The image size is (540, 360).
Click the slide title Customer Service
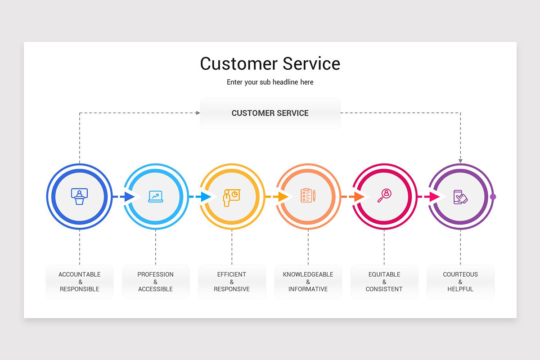tap(270, 63)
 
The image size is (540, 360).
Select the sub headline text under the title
tap(270, 82)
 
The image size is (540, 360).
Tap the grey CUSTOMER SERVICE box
tap(270, 113)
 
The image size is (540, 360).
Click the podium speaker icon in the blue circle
tap(80, 196)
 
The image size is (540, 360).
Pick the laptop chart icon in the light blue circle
tap(156, 196)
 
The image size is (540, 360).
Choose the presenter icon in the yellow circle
tap(231, 197)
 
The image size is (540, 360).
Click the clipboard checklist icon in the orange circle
tap(308, 196)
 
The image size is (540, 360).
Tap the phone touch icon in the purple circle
tap(460, 197)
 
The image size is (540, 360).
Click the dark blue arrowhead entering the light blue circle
tap(130, 197)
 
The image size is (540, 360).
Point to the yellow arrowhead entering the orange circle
tap(283, 197)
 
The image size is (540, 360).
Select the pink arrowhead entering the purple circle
tap(434, 197)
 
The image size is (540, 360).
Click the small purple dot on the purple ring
tap(493, 197)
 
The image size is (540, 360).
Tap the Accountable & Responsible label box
tap(80, 282)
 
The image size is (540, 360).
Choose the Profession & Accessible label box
tap(156, 282)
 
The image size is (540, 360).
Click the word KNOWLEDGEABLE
tap(308, 274)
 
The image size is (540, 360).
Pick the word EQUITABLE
tap(384, 274)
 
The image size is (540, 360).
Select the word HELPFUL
tap(460, 289)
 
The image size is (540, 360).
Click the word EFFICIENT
tap(232, 274)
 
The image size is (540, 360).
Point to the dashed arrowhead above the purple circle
tap(460, 161)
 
